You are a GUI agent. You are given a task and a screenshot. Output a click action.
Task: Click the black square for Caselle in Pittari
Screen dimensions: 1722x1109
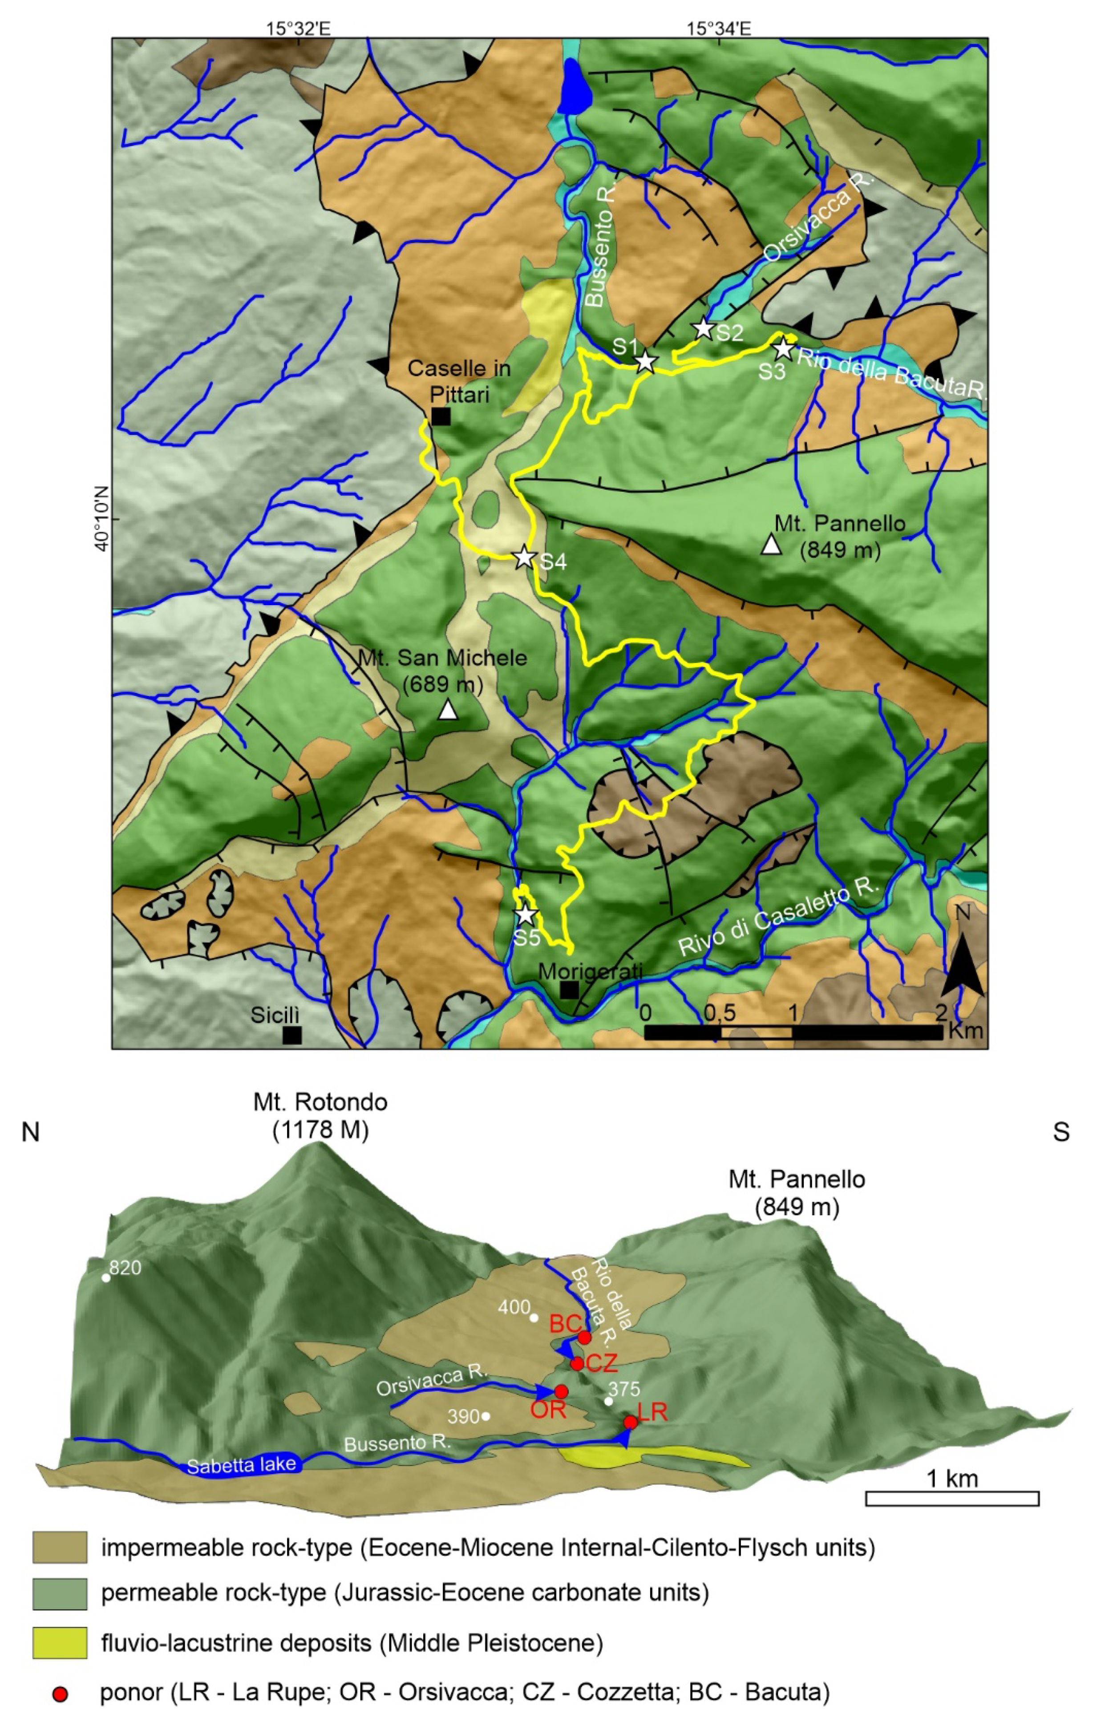(x=441, y=416)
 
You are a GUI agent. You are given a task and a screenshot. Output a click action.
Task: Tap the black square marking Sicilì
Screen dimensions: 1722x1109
(x=291, y=1035)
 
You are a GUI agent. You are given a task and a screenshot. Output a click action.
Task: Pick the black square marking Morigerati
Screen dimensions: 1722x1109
(x=569, y=990)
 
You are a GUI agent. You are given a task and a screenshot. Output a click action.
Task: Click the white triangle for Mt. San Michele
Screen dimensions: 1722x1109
(x=448, y=711)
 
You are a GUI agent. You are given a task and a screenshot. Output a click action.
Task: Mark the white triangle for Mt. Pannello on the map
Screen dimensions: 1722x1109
(x=771, y=545)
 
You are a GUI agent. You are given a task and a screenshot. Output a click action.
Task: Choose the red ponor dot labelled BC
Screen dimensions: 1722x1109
(x=585, y=1338)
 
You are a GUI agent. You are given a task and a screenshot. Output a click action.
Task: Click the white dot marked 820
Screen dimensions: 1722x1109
(x=106, y=1278)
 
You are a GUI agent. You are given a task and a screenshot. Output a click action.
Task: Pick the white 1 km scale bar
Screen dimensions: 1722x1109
(x=951, y=1498)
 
